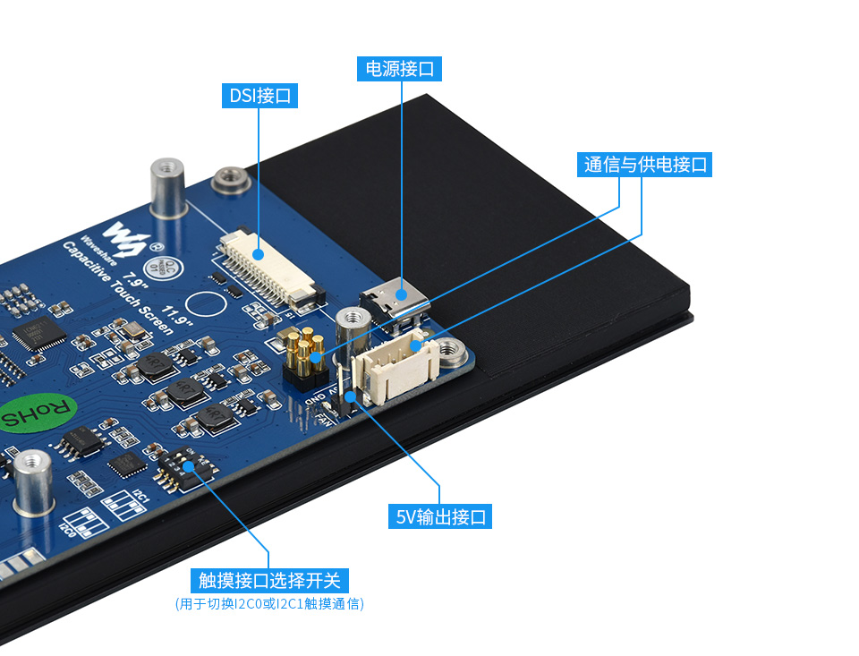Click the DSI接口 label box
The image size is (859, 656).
pyautogui.click(x=259, y=96)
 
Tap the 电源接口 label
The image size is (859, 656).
pyautogui.click(x=400, y=68)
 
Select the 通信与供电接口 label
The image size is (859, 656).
pyautogui.click(x=645, y=165)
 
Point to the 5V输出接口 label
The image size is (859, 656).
pyautogui.click(x=439, y=516)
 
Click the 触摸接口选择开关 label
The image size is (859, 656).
pyautogui.click(x=268, y=580)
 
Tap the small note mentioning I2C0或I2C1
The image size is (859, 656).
pyautogui.click(x=269, y=604)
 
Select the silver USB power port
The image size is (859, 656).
pyautogui.click(x=394, y=300)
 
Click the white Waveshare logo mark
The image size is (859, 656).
pyautogui.click(x=123, y=236)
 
